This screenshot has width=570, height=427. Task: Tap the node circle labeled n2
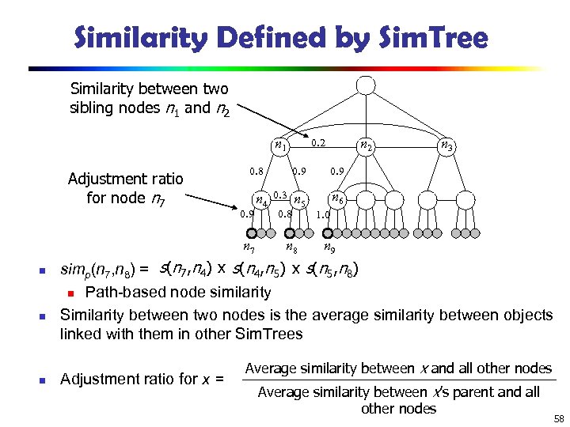pyautogui.click(x=367, y=145)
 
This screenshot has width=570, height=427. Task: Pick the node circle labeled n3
pyautogui.click(x=447, y=145)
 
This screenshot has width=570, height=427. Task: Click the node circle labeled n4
pyautogui.click(x=261, y=199)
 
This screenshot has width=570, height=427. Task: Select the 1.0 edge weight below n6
pyautogui.click(x=323, y=213)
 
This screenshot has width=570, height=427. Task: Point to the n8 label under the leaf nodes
pyautogui.click(x=291, y=248)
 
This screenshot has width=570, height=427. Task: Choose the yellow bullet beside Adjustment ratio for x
pyautogui.click(x=44, y=380)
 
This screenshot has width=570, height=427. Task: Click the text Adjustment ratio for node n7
pyautogui.click(x=126, y=188)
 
